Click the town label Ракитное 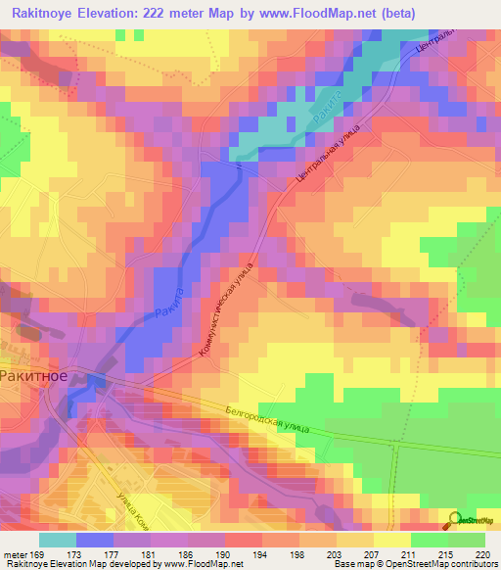35,374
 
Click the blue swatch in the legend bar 94,540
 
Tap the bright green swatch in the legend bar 429,540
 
